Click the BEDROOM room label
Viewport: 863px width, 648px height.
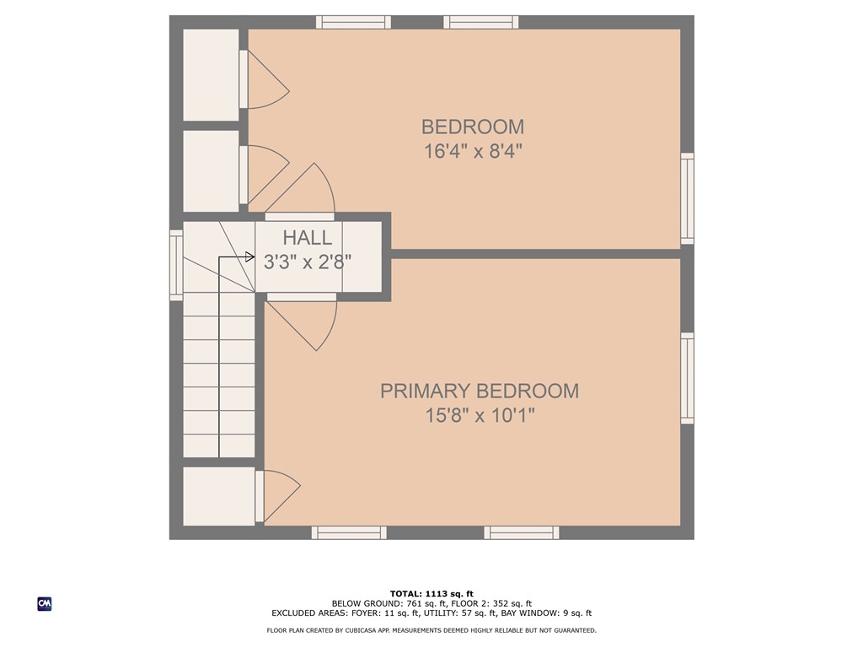(x=472, y=127)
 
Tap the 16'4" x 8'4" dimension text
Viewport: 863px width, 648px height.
(x=472, y=152)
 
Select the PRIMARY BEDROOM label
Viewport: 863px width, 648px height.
(x=479, y=391)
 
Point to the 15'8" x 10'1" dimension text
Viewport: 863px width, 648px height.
(x=479, y=416)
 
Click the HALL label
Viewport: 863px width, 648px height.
(x=307, y=238)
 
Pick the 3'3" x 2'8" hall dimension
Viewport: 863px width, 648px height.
(x=307, y=262)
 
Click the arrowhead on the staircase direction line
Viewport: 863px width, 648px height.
(x=249, y=257)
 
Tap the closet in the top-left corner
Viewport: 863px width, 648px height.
(x=211, y=74)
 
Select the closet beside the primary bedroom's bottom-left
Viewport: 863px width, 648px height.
(x=218, y=496)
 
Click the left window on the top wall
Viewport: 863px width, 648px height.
(x=353, y=22)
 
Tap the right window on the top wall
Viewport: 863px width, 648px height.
(x=481, y=22)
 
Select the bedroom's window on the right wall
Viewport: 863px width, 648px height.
(x=688, y=199)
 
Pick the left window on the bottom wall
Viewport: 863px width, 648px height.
(x=349, y=532)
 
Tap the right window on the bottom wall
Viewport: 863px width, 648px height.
(x=522, y=532)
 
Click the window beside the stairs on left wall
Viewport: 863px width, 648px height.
(x=175, y=265)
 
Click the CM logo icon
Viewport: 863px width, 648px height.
(x=45, y=603)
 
